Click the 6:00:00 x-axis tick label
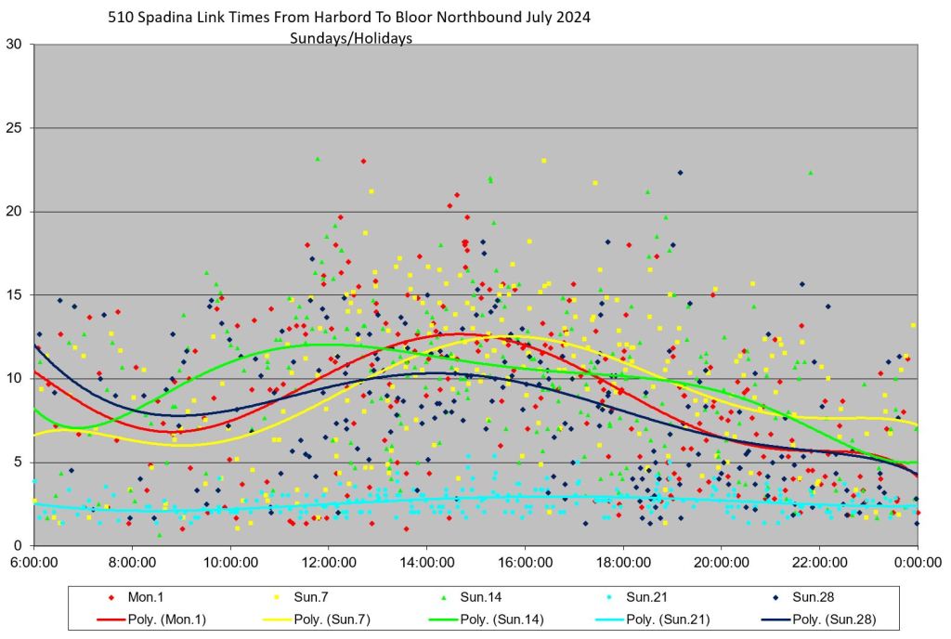click(33, 563)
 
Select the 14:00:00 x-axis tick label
click(426, 563)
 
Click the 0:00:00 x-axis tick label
click(918, 563)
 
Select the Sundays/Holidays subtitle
click(350, 38)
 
